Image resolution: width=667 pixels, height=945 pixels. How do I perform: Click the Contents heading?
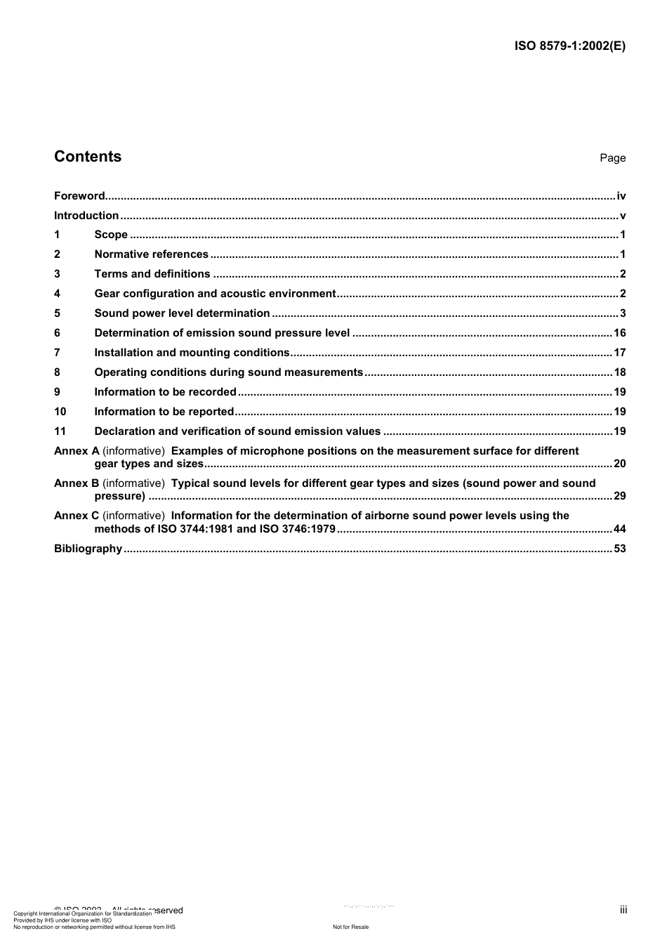(x=88, y=157)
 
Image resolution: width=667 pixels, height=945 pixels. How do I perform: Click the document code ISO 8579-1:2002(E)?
(x=569, y=46)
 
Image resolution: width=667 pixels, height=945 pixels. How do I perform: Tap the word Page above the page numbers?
(x=612, y=158)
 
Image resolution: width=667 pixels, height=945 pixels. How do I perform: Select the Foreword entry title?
(x=79, y=196)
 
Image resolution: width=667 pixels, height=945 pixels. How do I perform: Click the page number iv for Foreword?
(x=621, y=196)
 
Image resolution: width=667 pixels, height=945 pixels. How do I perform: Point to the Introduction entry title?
(x=86, y=216)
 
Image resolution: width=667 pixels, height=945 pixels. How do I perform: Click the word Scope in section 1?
(x=111, y=235)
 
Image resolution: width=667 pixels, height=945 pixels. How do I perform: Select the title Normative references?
(x=151, y=254)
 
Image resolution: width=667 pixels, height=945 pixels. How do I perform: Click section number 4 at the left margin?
(x=57, y=294)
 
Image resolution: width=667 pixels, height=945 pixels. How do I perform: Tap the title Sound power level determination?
(x=182, y=313)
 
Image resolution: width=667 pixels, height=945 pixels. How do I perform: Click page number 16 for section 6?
(x=619, y=333)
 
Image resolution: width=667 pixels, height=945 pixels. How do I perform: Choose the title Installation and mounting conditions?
(x=192, y=353)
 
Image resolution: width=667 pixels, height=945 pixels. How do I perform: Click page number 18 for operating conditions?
(x=619, y=372)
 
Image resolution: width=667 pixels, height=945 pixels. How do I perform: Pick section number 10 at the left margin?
(x=60, y=412)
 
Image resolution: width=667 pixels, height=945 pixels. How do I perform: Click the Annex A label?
(x=77, y=451)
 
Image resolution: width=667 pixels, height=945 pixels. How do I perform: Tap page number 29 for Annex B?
(x=619, y=496)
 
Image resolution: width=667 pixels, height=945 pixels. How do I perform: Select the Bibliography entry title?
(x=88, y=549)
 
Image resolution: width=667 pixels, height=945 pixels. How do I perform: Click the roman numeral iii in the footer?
(x=623, y=910)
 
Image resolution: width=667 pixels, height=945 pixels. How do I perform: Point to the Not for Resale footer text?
(x=350, y=927)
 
